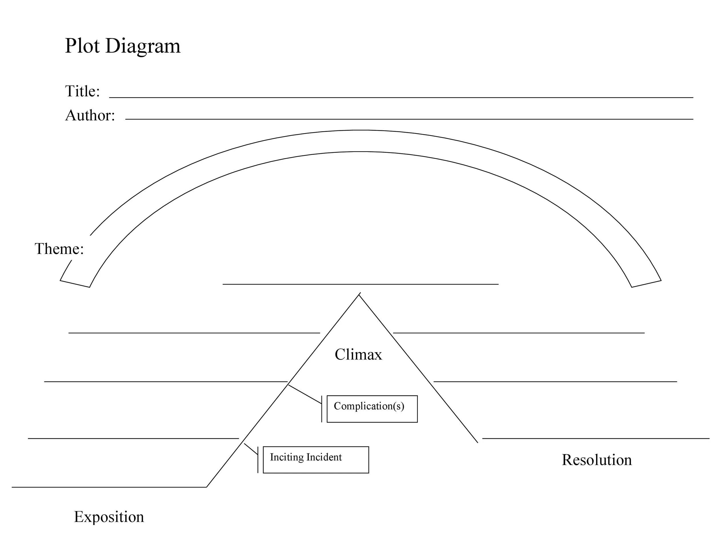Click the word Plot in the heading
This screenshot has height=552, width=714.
[82, 46]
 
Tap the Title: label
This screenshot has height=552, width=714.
[82, 91]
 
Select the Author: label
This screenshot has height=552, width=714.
[90, 115]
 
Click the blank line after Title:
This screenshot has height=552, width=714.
[401, 97]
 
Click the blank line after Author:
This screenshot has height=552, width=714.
[409, 119]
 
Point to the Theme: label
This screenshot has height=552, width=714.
[59, 249]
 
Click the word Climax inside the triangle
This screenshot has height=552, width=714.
[358, 355]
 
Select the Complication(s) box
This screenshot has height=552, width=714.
[372, 409]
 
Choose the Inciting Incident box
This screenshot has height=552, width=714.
[316, 459]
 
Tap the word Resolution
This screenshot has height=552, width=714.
[597, 460]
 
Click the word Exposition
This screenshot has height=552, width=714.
[109, 517]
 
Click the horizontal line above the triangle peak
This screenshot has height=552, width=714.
[360, 284]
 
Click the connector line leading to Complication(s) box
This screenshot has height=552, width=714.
[305, 394]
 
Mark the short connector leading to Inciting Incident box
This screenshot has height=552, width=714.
[251, 449]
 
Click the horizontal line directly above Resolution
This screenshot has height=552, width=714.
[596, 438]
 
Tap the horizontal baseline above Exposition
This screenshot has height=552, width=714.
[109, 487]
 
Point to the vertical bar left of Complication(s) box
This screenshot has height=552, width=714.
[322, 409]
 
